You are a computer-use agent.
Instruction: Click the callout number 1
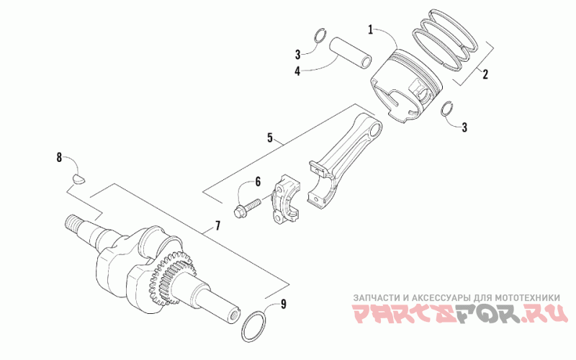tap(371, 30)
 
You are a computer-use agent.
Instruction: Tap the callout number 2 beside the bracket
tap(485, 75)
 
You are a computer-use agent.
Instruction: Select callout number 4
tap(297, 71)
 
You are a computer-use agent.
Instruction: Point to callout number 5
tap(270, 138)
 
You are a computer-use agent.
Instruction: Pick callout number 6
tap(258, 181)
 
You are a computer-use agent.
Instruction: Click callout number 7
tap(217, 225)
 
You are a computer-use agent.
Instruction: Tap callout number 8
tap(59, 158)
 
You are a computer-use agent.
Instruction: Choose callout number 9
tap(283, 304)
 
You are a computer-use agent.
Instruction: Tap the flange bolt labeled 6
tap(247, 207)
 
